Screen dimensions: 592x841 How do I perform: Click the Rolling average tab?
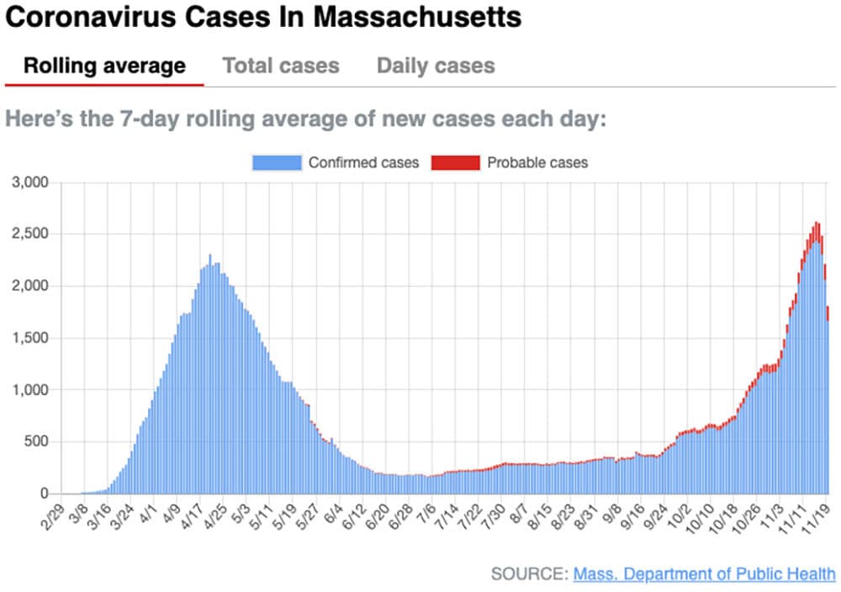pyautogui.click(x=104, y=66)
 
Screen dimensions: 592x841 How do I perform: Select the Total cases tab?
pyautogui.click(x=281, y=66)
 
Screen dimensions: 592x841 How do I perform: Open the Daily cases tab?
pyautogui.click(x=436, y=66)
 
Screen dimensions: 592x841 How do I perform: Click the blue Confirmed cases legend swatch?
pyautogui.click(x=277, y=162)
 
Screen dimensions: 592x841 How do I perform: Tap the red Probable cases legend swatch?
pyautogui.click(x=454, y=162)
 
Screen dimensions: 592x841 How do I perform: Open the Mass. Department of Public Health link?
pyautogui.click(x=705, y=574)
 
